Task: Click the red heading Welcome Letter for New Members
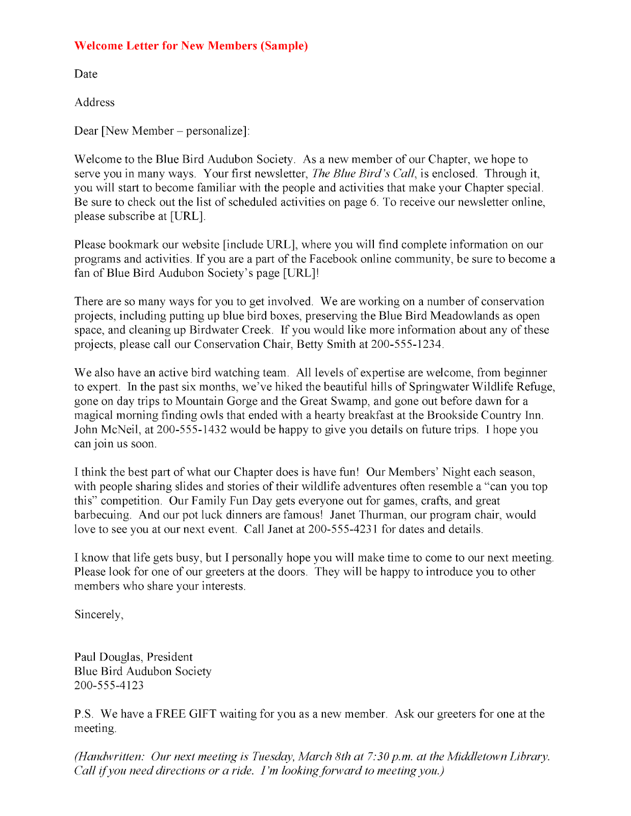[191, 46]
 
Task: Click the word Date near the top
[86, 74]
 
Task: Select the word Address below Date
[94, 103]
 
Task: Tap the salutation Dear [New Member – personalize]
[162, 131]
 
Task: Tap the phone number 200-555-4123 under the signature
[109, 685]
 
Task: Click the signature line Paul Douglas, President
[133, 657]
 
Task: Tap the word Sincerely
[98, 615]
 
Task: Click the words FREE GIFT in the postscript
[186, 714]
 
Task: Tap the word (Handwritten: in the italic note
[109, 757]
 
